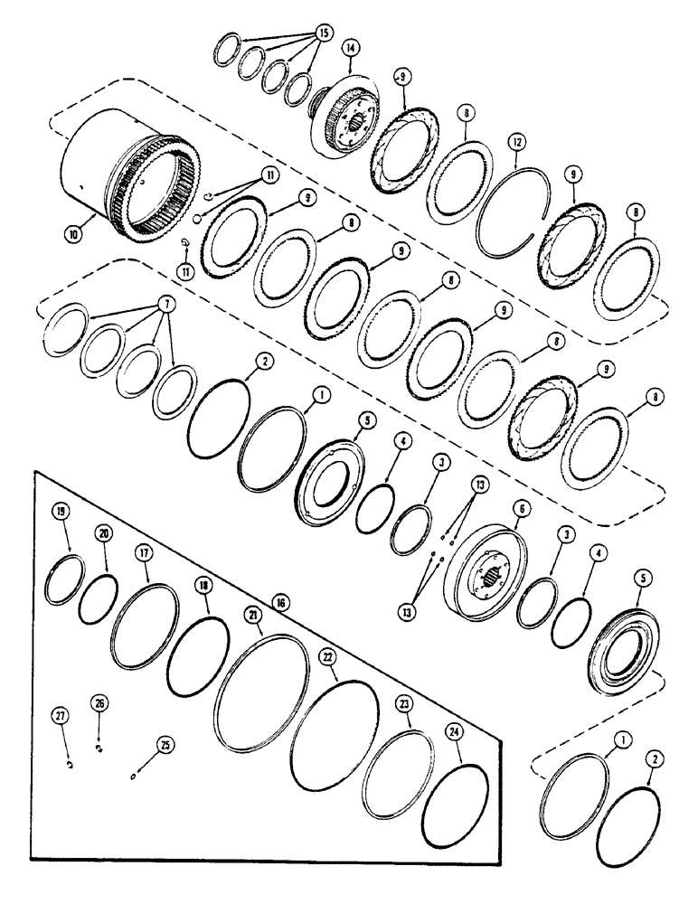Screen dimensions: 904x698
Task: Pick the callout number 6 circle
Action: coord(520,510)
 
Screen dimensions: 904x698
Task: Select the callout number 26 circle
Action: coord(99,702)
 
